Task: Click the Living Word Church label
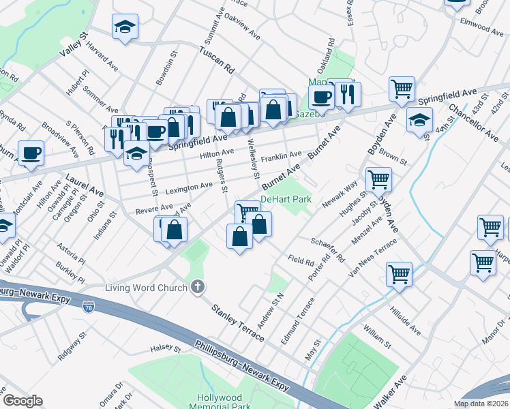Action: click(x=145, y=287)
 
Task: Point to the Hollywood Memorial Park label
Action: click(x=220, y=402)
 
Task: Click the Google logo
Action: click(x=22, y=401)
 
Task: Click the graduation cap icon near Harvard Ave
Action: click(x=125, y=27)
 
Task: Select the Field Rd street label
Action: click(x=300, y=260)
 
